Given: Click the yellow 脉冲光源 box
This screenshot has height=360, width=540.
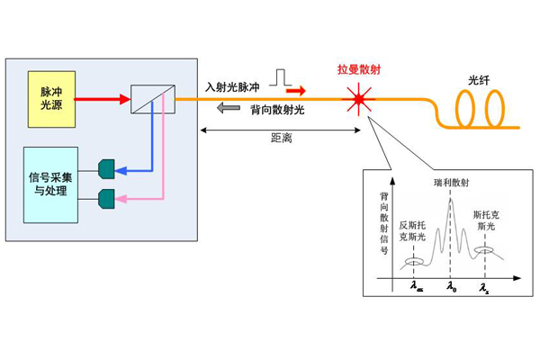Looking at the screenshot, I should (x=50, y=98).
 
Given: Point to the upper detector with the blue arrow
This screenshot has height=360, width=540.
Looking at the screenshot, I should (x=106, y=168).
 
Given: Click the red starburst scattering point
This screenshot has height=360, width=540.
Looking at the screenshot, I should (x=361, y=97).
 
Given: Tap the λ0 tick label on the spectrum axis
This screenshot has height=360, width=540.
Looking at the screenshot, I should (x=452, y=287).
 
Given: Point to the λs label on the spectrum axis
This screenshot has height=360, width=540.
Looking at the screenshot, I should (x=484, y=287).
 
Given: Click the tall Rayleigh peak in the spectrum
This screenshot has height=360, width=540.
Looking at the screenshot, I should (x=451, y=211).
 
